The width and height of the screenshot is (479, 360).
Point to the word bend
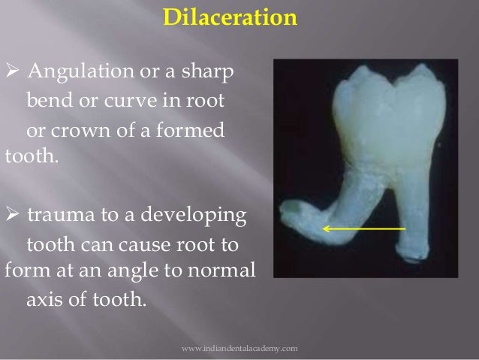[50, 100]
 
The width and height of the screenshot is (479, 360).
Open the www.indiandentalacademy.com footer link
[240, 349]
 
